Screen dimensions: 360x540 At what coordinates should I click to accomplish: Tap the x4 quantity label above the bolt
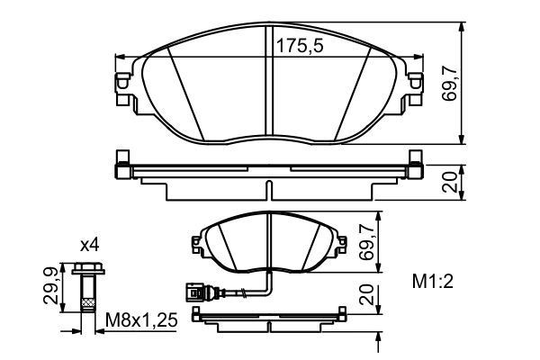click(89, 244)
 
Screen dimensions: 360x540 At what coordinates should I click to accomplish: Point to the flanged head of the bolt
click(87, 267)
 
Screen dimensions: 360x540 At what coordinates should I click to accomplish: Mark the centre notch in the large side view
click(270, 184)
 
